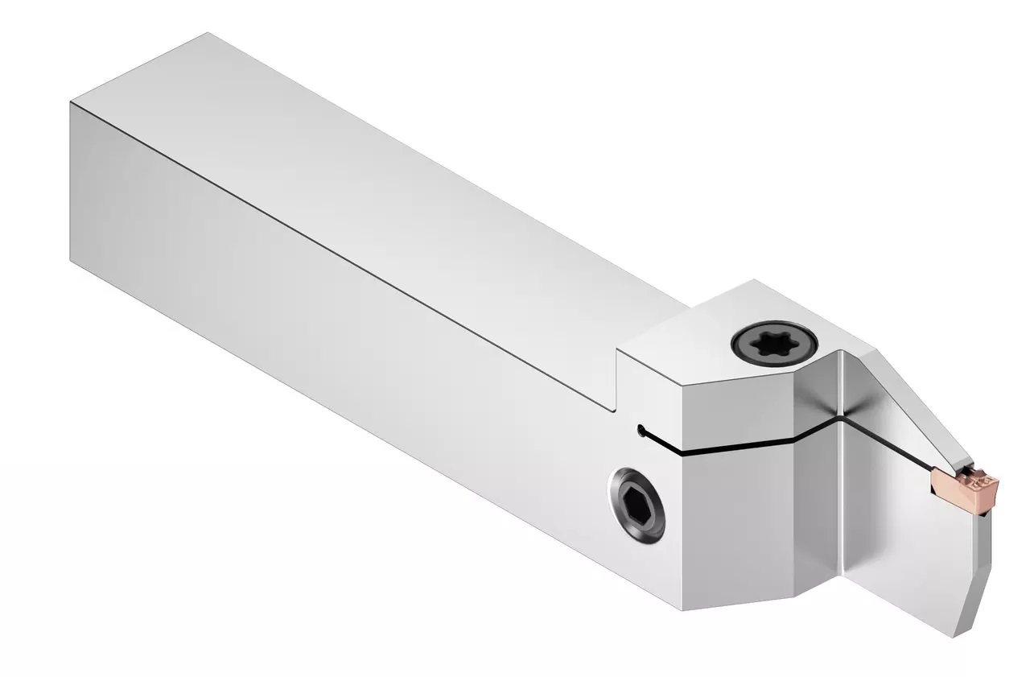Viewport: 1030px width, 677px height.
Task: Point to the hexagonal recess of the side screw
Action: [x=637, y=506]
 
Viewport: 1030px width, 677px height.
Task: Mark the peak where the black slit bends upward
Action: [x=839, y=418]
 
